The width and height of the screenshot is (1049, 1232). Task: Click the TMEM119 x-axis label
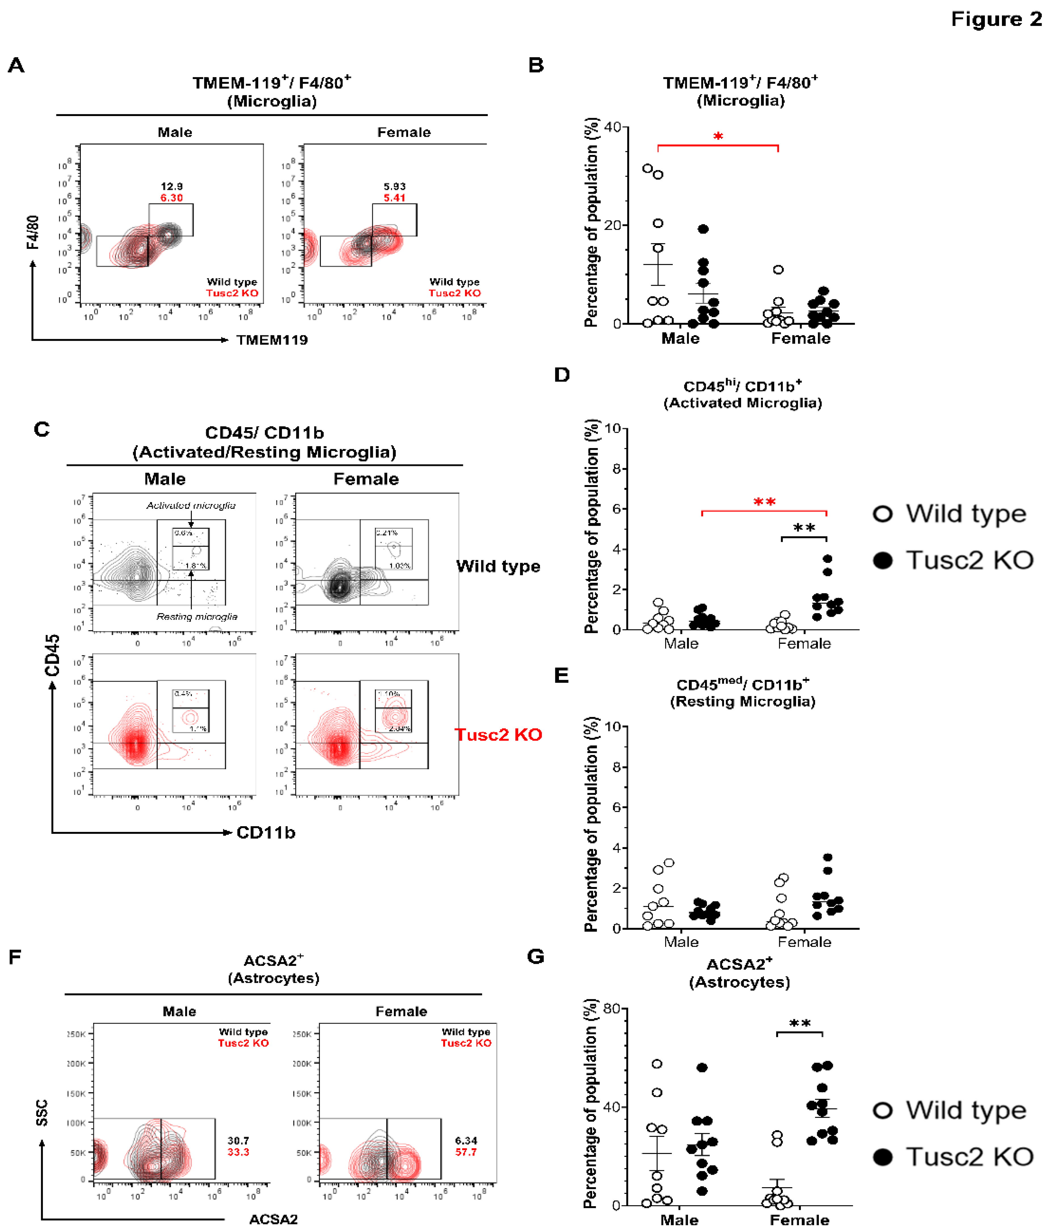[x=272, y=340]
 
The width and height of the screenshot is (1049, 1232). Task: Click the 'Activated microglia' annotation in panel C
[x=191, y=505]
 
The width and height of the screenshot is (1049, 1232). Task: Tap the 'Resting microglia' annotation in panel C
[x=197, y=617]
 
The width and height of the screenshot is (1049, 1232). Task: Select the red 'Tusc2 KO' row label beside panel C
[x=498, y=735]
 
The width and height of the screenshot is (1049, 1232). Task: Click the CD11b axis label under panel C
[x=266, y=832]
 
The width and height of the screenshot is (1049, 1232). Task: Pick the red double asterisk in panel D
[x=764, y=503]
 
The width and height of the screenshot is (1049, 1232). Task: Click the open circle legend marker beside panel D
[x=883, y=514]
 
